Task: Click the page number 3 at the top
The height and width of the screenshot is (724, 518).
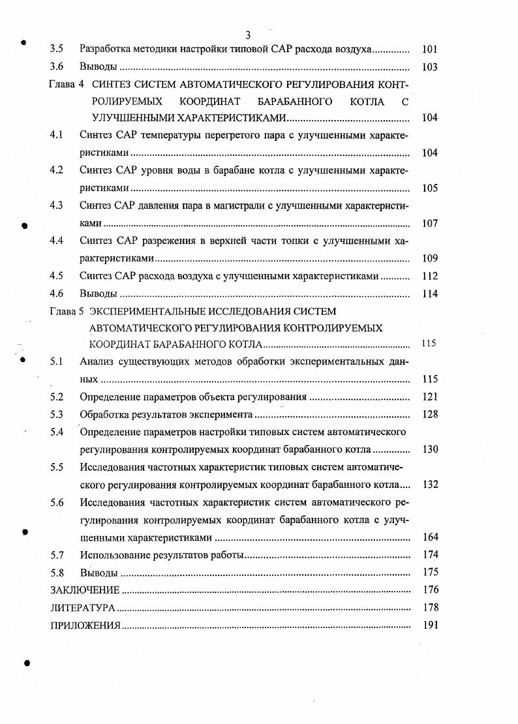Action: coord(248,35)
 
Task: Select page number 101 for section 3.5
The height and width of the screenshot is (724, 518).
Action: coord(429,49)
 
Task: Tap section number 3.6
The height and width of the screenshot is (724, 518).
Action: coord(57,67)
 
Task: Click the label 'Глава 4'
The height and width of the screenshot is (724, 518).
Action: coord(67,84)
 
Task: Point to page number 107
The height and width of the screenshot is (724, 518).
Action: coord(429,223)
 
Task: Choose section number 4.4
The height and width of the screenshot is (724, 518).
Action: coord(57,241)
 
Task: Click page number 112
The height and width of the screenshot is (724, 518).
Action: coord(429,276)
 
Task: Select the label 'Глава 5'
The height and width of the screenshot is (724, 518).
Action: coord(67,311)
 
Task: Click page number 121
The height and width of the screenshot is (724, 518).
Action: coord(429,397)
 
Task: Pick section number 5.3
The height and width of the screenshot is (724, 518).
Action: coord(57,414)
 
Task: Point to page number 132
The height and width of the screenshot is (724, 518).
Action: coord(429,485)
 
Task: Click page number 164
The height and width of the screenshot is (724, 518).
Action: coord(429,537)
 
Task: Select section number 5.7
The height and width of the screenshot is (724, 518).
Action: coord(57,555)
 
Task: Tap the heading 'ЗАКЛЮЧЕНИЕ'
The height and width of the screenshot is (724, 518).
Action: coord(85,590)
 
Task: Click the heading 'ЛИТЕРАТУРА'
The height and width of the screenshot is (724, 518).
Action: coord(83,608)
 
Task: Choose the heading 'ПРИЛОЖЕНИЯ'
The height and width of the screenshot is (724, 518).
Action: coord(85,626)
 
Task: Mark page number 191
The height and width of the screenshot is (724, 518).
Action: coord(429,626)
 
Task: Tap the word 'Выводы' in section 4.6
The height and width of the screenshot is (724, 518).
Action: coord(99,294)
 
